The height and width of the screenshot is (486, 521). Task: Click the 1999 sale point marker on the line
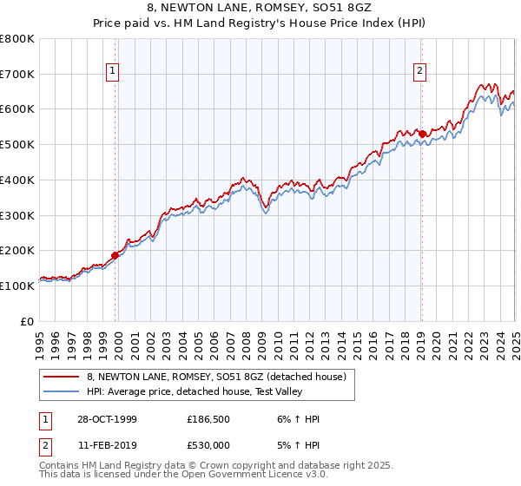(x=115, y=255)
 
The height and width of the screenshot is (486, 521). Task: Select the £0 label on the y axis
(x=27, y=320)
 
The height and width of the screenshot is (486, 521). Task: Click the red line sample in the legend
(x=62, y=377)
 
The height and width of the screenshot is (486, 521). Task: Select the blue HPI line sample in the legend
(x=62, y=391)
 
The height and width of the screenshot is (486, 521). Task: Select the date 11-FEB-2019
(x=105, y=444)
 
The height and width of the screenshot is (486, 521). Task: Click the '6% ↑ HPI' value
(x=298, y=419)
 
